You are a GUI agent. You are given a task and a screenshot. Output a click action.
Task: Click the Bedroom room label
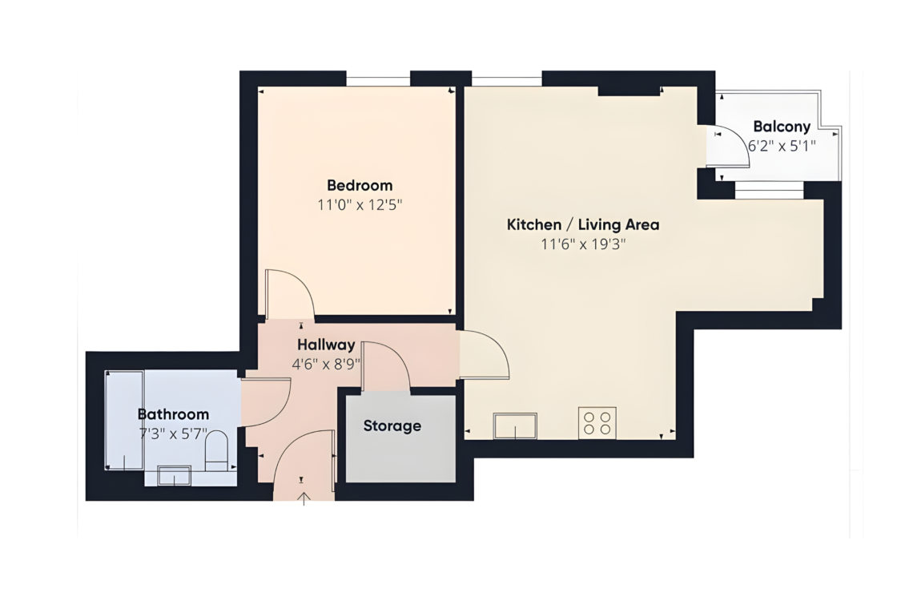(x=360, y=185)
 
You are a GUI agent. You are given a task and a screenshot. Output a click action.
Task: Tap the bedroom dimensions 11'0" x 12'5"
(x=360, y=205)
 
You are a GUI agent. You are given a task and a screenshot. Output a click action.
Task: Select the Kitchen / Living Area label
(x=583, y=224)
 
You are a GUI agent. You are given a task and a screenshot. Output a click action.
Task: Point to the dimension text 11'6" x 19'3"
(x=583, y=244)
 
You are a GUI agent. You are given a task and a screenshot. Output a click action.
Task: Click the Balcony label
(x=782, y=127)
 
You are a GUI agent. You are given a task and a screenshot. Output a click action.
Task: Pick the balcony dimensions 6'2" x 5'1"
(x=782, y=146)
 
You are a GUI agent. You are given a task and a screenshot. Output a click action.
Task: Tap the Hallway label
(x=326, y=345)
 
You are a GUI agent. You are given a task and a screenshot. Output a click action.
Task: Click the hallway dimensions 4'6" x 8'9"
(x=326, y=365)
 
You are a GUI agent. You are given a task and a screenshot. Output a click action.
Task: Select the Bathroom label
(x=173, y=414)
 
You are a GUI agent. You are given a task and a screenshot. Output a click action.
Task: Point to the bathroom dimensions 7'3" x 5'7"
(x=173, y=434)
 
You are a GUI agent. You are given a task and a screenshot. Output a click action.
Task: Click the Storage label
(x=392, y=426)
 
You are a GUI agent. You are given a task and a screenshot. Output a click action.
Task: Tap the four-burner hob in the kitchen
(x=597, y=422)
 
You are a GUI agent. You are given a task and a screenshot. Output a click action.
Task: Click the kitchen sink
(x=515, y=425)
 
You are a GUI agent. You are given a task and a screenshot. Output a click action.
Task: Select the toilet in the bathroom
(x=216, y=450)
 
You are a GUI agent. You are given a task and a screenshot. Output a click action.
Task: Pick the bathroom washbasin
(x=174, y=475)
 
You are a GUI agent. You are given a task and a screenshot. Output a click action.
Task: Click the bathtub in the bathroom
(x=124, y=420)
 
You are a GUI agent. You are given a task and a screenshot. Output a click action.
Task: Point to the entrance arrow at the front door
(x=304, y=499)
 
